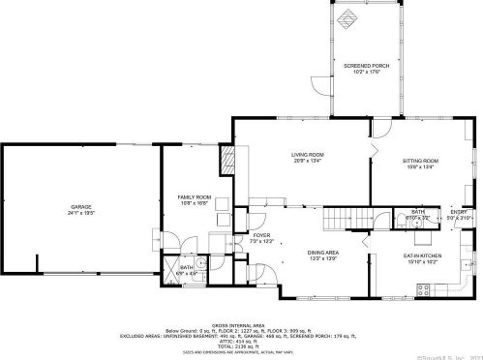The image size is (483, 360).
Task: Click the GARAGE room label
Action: (x=79, y=206)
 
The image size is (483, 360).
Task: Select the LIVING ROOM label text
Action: (x=308, y=155)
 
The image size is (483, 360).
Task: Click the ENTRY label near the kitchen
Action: (x=458, y=212)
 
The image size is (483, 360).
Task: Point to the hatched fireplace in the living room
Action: (x=228, y=160)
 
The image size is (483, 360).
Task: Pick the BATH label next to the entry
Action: (x=417, y=212)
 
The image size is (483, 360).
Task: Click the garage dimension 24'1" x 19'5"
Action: (x=79, y=213)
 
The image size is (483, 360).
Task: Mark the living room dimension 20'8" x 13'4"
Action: (x=308, y=162)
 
